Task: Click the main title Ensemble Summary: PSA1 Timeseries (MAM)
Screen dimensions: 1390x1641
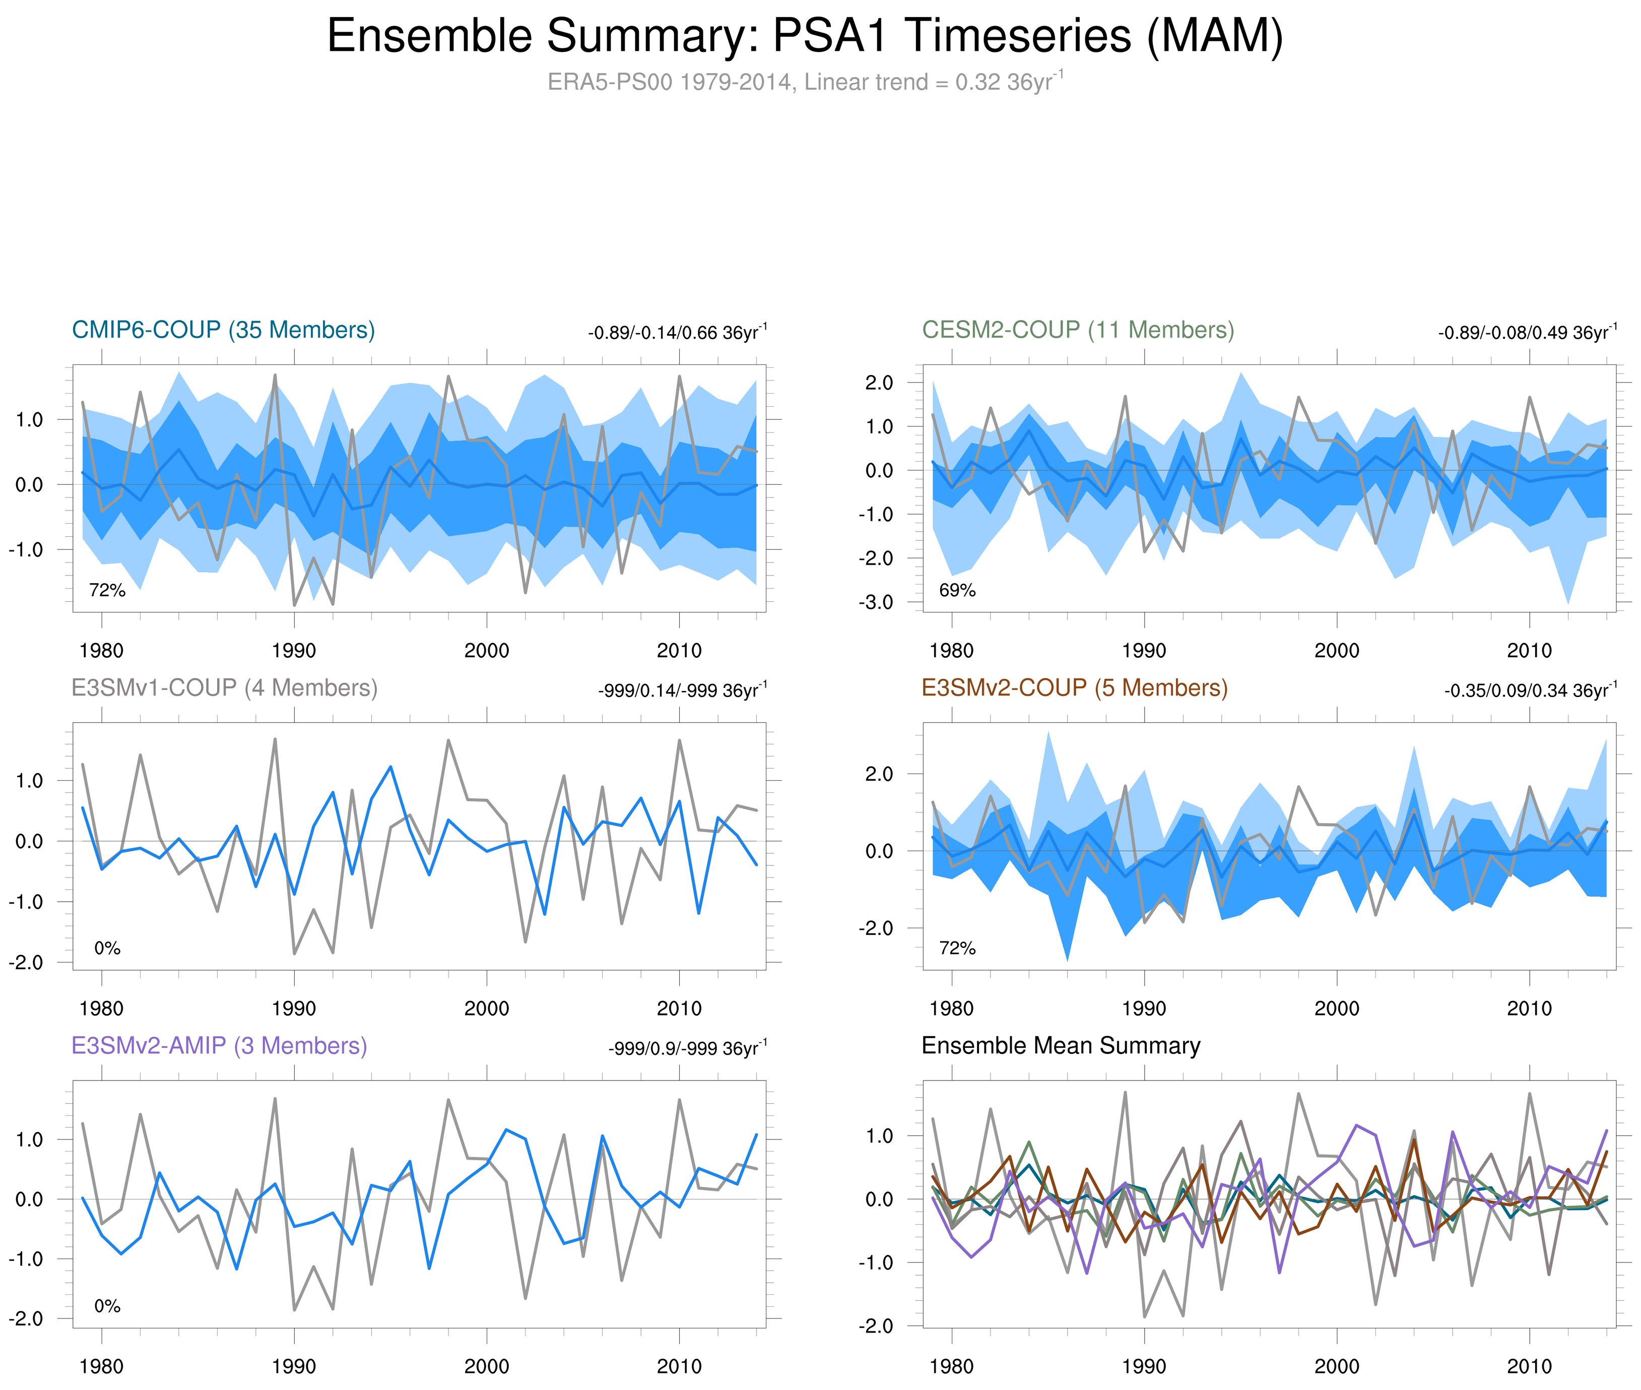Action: tap(804, 36)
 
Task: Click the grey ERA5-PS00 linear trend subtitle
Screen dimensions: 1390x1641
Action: tap(804, 82)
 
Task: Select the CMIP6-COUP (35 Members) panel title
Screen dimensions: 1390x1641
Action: tap(223, 330)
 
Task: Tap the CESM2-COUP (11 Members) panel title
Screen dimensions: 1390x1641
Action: tap(1078, 330)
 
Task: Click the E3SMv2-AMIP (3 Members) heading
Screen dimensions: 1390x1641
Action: tap(219, 1046)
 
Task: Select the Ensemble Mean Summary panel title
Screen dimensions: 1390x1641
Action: tap(1061, 1046)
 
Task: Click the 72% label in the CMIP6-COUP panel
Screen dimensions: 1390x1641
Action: tap(107, 590)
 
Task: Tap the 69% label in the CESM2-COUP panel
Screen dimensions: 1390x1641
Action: tap(957, 590)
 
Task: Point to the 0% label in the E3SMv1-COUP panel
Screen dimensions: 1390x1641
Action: tap(107, 949)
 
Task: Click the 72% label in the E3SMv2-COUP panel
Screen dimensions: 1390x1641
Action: tap(957, 949)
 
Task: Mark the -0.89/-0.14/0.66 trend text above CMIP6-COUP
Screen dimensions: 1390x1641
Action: tap(677, 333)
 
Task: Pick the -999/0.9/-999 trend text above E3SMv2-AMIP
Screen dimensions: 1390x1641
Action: tap(687, 1049)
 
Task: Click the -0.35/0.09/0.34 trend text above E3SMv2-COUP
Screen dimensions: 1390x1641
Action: tap(1530, 691)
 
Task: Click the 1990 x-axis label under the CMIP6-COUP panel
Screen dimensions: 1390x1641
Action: tap(294, 651)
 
